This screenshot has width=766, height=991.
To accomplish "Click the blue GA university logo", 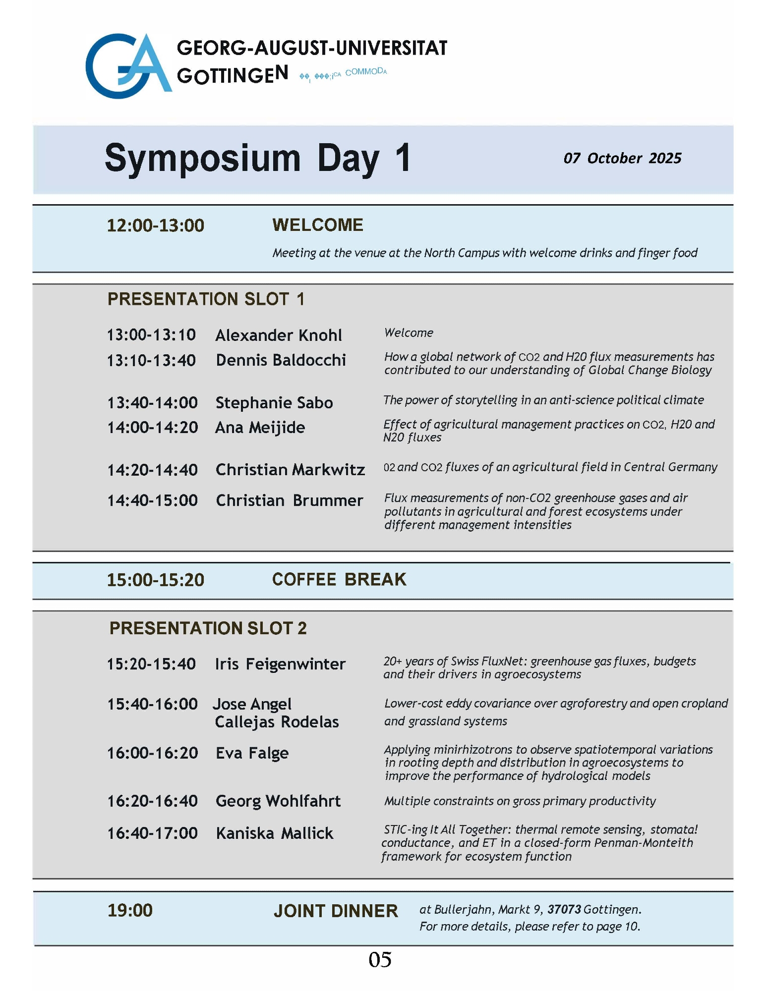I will (128, 65).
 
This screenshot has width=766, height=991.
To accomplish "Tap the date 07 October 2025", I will (622, 158).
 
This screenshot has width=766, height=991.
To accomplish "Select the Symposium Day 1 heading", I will (257, 158).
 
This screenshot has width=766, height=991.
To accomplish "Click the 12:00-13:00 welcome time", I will (156, 225).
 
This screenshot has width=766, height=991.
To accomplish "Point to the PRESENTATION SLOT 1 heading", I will (206, 299).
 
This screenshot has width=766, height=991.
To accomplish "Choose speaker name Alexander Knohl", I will (278, 335).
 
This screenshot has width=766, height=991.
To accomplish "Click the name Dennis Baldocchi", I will (281, 360).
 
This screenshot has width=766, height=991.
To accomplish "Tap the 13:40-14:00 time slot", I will (152, 403).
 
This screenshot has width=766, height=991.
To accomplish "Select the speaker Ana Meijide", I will (260, 428).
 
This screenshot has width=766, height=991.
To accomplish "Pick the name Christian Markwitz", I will (290, 470).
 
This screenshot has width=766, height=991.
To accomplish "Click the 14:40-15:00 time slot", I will (152, 500).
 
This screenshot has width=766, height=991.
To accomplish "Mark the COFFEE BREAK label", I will (339, 579).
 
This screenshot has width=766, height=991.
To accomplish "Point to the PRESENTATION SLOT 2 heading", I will (208, 628).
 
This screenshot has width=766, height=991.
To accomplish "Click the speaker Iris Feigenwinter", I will (280, 664).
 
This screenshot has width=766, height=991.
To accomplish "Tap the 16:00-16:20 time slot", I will (152, 753).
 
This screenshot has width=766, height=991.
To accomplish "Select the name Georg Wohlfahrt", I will (278, 801).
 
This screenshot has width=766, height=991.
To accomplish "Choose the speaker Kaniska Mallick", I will (274, 833).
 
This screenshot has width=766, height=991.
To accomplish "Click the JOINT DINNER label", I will (336, 911).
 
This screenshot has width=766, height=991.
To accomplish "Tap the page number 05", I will (380, 960).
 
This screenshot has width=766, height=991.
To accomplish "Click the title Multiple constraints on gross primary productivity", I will (520, 801).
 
